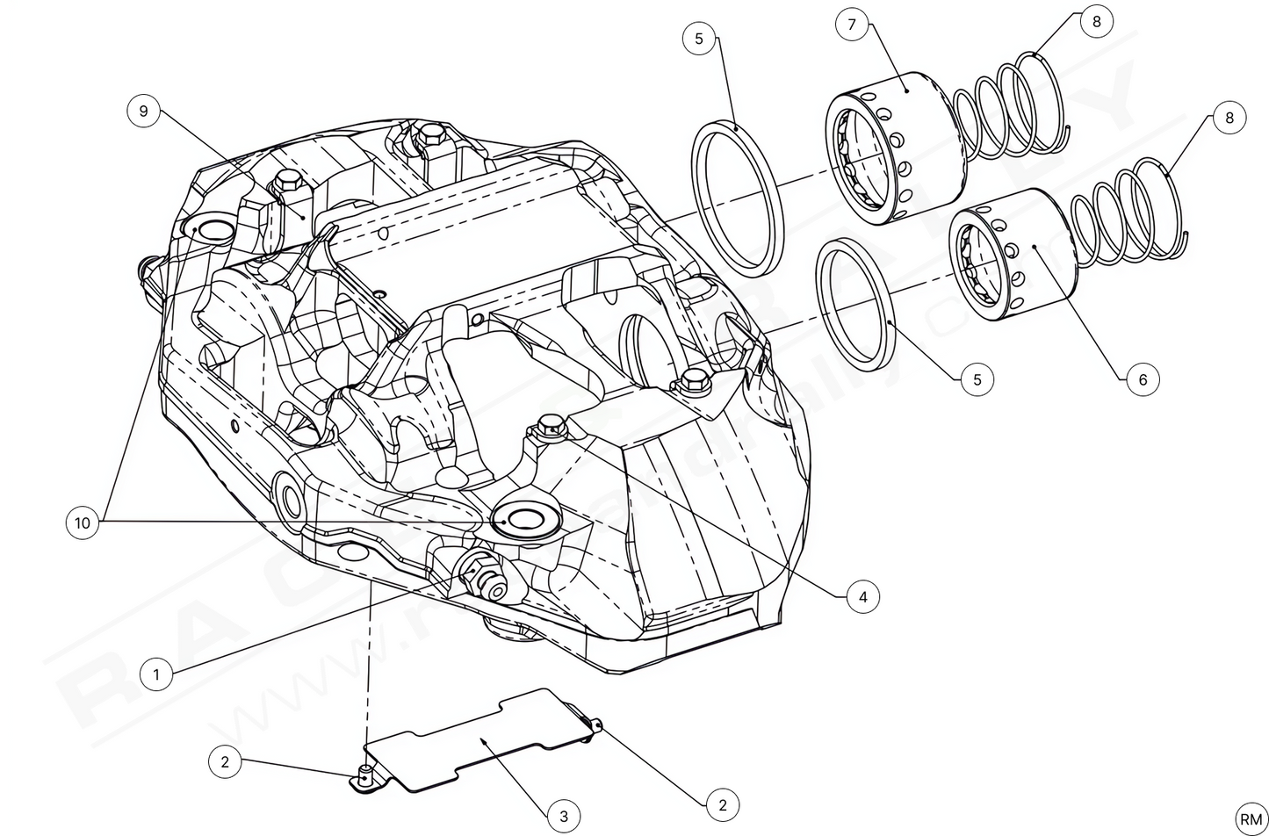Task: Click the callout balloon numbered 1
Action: coord(156,674)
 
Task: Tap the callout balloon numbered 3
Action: coord(564,816)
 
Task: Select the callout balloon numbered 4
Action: coord(863,597)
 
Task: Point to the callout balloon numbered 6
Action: coord(1143,379)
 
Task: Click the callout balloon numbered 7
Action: coord(851,24)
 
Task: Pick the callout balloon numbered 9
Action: coord(143,111)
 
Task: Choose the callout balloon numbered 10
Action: coord(82,523)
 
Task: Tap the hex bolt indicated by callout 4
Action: coord(551,424)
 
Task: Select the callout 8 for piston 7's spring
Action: coord(1096,21)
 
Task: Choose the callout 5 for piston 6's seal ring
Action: coord(977,379)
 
